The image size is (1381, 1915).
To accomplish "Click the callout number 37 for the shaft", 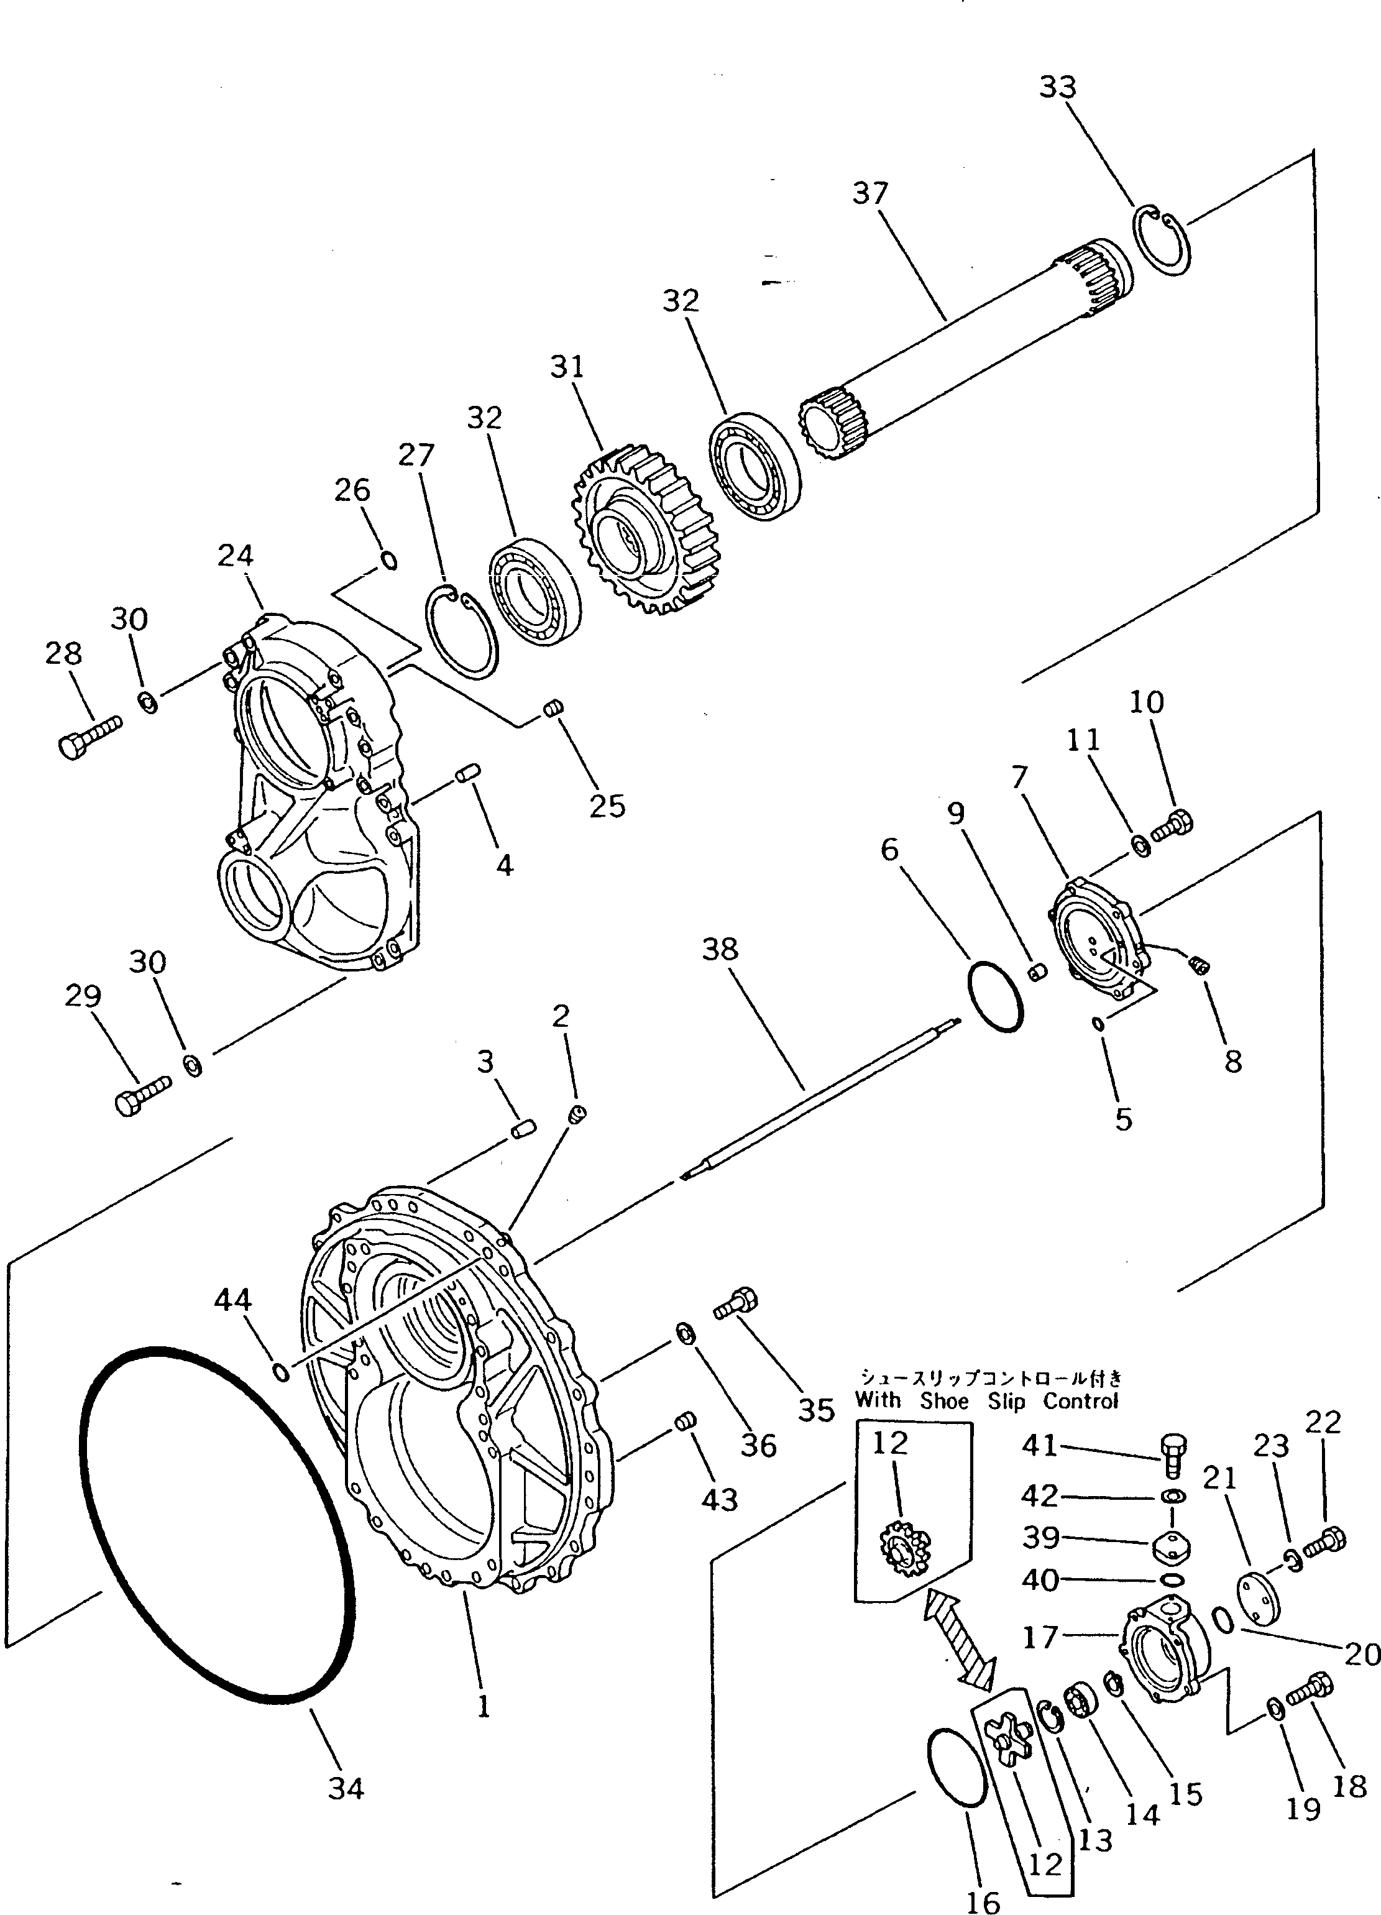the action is (x=870, y=193).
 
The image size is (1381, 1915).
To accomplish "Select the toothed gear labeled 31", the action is (x=639, y=534).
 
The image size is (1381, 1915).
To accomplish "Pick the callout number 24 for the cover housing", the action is (x=235, y=556).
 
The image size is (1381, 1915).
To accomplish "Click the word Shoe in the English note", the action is (x=945, y=1401).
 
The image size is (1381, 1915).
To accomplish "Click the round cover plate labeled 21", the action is (x=1258, y=1595).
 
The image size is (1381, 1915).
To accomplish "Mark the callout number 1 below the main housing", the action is (x=483, y=1707).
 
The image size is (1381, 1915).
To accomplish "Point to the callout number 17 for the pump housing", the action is (x=1040, y=1637).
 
